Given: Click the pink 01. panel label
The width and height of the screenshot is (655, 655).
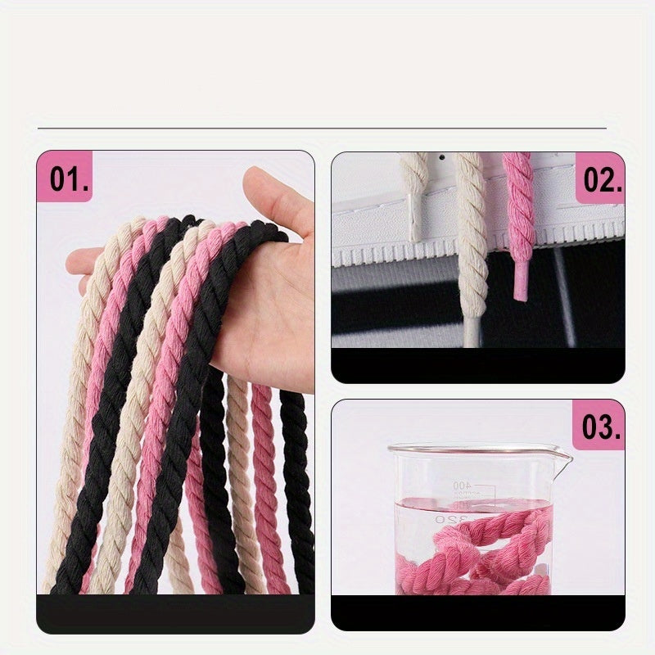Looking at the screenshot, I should pyautogui.click(x=69, y=179).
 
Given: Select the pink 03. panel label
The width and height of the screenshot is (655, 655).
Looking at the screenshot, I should pyautogui.click(x=600, y=427).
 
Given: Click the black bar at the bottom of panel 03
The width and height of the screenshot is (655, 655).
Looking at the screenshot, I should pyautogui.click(x=477, y=612).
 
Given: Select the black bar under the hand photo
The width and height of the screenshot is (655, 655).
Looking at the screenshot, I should pyautogui.click(x=175, y=612).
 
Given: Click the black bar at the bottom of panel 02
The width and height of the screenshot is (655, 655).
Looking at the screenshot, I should pyautogui.click(x=477, y=366).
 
